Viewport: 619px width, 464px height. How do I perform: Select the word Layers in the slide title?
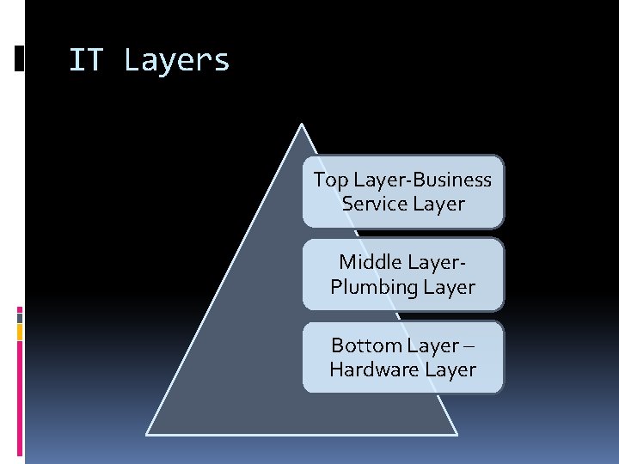click(177, 61)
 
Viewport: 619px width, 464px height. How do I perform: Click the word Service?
click(371, 204)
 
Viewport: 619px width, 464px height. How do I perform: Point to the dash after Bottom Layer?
click(470, 345)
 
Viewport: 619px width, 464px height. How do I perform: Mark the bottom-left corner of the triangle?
click(147, 433)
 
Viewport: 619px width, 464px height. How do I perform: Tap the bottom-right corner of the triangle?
click(457, 433)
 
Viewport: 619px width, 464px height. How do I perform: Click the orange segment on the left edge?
click(20, 333)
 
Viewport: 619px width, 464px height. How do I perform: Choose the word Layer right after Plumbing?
click(449, 286)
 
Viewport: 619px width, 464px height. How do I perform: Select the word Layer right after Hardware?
click(450, 369)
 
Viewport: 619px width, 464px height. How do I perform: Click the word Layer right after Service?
click(438, 204)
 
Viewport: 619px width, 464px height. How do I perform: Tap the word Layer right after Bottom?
click(433, 345)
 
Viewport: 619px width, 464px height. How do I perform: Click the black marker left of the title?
click(20, 58)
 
